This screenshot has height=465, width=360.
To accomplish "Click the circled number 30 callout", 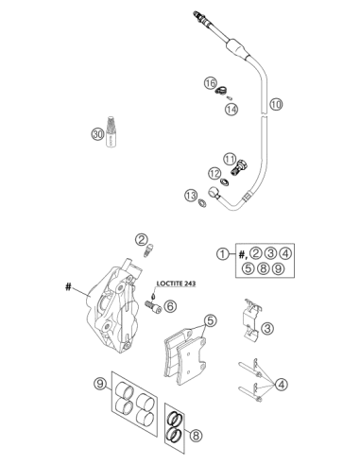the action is [97, 134].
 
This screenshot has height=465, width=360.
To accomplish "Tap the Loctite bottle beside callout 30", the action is [111, 131].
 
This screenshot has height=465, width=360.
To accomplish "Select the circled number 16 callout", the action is [210, 83].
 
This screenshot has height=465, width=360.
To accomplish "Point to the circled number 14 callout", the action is [231, 110].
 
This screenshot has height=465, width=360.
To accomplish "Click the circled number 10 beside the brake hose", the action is [276, 104].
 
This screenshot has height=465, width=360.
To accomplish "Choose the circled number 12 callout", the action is [214, 173].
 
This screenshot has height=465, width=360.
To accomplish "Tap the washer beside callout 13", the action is [202, 203].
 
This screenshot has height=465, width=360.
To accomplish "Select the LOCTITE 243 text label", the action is [176, 284].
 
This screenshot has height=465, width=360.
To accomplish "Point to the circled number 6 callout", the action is [170, 306].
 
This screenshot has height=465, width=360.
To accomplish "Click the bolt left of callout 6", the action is [153, 307].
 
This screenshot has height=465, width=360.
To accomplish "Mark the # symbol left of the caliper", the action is [68, 287].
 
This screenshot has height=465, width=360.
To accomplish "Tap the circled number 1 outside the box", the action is [223, 253].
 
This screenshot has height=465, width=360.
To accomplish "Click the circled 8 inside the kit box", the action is [263, 268].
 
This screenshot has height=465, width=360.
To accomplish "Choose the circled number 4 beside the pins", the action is [281, 385].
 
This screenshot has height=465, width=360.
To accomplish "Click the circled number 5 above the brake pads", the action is [211, 320].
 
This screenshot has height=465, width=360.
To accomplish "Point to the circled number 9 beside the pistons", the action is [100, 384].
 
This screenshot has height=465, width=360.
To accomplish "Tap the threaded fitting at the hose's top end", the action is [199, 18].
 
